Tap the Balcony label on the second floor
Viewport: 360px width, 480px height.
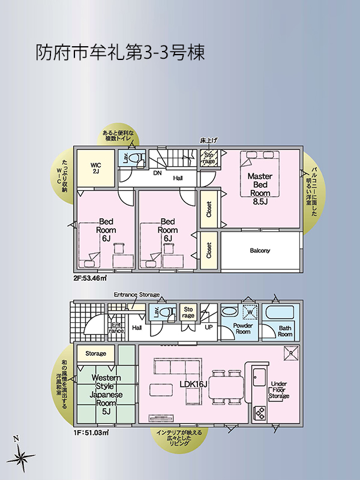[260, 250]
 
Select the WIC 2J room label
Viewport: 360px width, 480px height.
[95, 169]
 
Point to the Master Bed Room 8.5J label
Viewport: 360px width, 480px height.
[260, 188]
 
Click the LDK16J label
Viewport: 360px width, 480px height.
[194, 384]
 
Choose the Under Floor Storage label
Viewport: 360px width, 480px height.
[279, 389]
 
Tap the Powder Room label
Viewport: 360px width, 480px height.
[243, 328]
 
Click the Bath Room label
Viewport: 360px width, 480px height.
[285, 331]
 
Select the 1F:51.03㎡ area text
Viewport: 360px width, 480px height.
[91, 433]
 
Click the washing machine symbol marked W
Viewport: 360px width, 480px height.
[250, 312]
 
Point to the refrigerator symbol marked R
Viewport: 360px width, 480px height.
[291, 353]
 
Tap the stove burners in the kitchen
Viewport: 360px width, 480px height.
[260, 412]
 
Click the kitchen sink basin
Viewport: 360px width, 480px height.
[260, 377]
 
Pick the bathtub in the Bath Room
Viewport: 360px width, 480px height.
[280, 312]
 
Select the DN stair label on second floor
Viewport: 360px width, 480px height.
[157, 173]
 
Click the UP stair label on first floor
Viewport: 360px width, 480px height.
[208, 327]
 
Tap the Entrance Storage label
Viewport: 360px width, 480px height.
[137, 295]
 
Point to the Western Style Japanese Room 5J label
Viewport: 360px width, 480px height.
[106, 395]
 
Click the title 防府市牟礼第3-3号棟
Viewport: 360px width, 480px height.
[120, 53]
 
